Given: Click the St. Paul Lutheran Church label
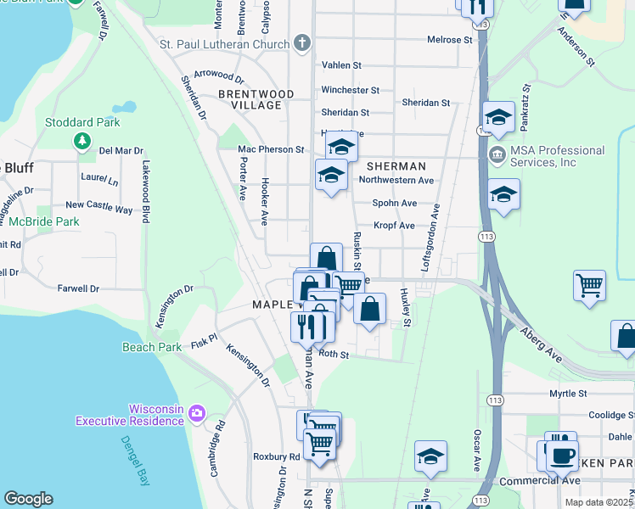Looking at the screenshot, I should tap(224, 43).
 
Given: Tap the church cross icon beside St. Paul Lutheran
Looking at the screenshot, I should tap(301, 43).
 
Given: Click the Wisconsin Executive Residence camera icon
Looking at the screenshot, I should tap(197, 414).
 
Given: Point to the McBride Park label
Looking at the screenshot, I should tap(43, 221).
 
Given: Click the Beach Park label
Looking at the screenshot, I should tap(152, 347).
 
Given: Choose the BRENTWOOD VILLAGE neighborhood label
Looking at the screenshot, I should tap(256, 99).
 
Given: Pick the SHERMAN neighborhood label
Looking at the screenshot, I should tap(396, 166).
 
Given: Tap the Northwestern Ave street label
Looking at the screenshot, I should tap(396, 181).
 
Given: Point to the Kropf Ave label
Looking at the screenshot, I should tap(394, 226).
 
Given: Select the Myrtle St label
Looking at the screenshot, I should tap(568, 394).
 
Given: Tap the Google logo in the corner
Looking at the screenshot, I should tap(28, 499).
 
